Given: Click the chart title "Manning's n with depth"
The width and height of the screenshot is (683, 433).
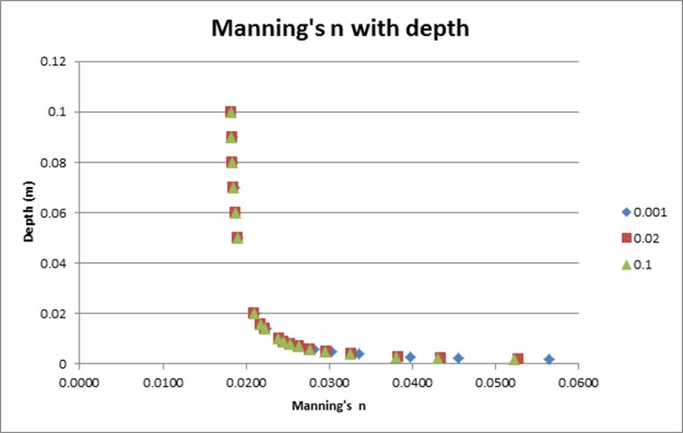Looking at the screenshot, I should (340, 28).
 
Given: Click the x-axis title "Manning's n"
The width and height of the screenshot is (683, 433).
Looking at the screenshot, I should (328, 406).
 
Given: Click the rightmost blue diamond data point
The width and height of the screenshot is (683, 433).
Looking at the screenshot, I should (548, 359).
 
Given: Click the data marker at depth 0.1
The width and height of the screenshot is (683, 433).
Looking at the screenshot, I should (230, 112).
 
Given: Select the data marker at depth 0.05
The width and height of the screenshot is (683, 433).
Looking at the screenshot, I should (237, 238).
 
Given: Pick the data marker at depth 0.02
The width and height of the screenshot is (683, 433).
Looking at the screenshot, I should (253, 313).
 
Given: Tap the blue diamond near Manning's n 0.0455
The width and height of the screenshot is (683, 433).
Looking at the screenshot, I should (458, 358).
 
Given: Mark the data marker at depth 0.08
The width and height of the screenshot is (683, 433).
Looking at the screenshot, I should (231, 163).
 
